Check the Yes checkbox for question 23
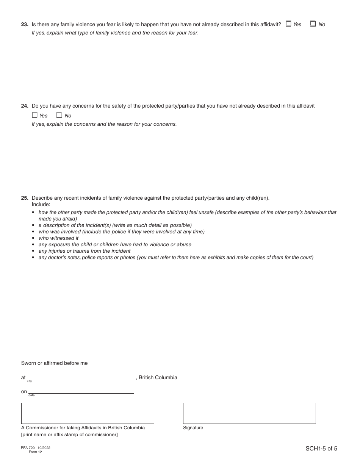coord(289,24)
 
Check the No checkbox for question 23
coord(313,24)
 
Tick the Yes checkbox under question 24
coord(35,115)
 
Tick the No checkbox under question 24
coord(59,115)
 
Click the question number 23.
coord(25,24)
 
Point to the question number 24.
coord(25,106)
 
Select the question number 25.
coord(25,198)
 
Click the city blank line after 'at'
coord(83,377)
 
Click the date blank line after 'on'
coord(83,391)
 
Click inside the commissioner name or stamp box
coord(88,413)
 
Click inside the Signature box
coord(249,413)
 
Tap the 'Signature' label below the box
coord(193,428)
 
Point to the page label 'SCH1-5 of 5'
coord(321,449)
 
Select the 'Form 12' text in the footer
coord(35,452)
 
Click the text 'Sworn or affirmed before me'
coord(54,363)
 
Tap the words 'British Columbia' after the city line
coord(158,377)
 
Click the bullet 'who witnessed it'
coord(58,238)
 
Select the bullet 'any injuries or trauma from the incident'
coord(85,251)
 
